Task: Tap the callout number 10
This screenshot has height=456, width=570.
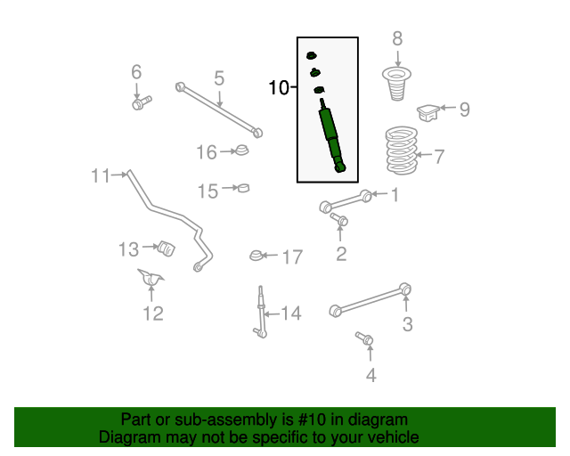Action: click(279, 87)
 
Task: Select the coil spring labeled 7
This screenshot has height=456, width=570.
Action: click(402, 151)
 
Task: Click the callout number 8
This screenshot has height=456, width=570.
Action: click(397, 38)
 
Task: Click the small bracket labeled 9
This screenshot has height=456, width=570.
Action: click(428, 112)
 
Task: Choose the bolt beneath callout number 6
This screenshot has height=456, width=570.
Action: click(142, 103)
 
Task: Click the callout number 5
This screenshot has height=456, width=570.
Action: click(219, 78)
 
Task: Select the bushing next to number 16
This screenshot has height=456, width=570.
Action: click(241, 151)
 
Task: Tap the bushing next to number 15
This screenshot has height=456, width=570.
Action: click(243, 188)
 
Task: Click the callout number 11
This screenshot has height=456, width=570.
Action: click(101, 176)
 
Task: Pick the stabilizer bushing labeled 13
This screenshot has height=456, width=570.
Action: click(167, 248)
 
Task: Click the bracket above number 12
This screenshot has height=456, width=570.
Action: click(151, 279)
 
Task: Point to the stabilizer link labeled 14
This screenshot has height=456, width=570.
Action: click(261, 312)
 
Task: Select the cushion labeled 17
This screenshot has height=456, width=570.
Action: click(256, 256)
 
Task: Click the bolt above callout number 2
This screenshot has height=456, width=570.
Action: click(338, 219)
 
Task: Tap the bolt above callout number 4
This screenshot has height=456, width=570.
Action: click(364, 338)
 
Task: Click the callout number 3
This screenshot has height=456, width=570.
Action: click(408, 324)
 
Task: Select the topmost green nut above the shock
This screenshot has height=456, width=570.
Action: click(311, 55)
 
